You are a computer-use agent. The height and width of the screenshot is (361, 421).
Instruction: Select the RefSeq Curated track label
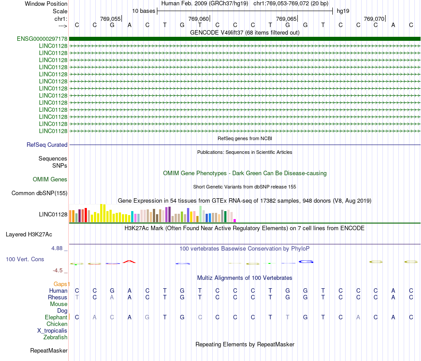tap(47, 145)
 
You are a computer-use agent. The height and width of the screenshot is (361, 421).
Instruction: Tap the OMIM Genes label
tap(50, 180)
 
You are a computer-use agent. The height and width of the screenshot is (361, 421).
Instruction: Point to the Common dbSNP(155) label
tap(39, 193)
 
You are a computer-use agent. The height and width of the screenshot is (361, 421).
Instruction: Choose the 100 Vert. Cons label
tap(25, 259)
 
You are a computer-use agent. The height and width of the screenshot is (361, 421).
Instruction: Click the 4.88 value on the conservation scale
tap(57, 248)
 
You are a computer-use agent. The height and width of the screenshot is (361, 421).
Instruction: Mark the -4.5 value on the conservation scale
tap(58, 270)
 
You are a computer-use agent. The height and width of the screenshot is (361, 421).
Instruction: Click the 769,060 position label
tap(198, 19)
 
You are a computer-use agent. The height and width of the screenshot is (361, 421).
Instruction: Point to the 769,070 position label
tap(374, 19)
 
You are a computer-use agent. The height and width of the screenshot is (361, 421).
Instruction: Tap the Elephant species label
tap(56, 317)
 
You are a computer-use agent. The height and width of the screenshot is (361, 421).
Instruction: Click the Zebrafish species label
tap(55, 337)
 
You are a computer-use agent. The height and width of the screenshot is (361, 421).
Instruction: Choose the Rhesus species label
tap(58, 297)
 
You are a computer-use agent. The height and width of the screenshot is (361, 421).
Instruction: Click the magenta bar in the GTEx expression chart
tap(235, 220)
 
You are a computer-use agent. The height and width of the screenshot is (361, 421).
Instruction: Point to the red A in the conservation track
tap(129, 261)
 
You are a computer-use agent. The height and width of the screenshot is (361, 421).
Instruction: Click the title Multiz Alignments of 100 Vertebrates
tap(245, 278)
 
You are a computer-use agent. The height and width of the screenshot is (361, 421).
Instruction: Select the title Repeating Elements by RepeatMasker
tap(245, 345)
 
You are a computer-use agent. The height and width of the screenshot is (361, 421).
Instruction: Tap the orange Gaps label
tap(62, 284)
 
